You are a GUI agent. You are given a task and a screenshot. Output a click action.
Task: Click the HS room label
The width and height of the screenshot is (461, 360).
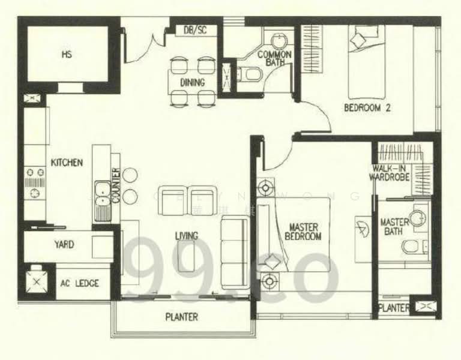pos(66,55)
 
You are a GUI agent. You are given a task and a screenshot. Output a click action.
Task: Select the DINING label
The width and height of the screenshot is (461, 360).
pos(192,82)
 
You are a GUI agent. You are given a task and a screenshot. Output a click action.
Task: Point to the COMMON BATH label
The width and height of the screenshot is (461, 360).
pos(274,58)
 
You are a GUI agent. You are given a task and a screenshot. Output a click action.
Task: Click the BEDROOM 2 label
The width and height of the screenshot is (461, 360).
pos(367,108)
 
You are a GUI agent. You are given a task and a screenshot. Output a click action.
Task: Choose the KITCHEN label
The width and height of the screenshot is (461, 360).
pos(67,163)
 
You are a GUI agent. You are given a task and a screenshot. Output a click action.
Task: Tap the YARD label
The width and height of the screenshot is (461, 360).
pos(64,244)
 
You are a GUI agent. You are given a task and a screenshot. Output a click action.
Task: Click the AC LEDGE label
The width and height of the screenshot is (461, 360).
pos(79,283)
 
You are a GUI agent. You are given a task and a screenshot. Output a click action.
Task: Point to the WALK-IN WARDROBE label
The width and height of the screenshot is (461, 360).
pos(391,173)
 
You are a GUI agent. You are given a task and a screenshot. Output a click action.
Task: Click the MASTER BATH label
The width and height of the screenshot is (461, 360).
pos(394,227)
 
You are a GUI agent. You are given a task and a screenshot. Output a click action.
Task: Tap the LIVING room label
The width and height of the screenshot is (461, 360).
pos(187,236)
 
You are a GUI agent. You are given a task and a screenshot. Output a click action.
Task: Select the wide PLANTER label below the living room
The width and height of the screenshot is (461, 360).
pos(181,317)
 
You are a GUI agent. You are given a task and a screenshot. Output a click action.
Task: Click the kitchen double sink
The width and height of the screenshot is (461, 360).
pos(102,193)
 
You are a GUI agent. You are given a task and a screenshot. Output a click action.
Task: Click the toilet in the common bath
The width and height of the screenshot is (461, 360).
pos(250,74)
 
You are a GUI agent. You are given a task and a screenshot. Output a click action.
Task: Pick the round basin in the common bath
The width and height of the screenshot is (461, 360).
pos(279,41)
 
